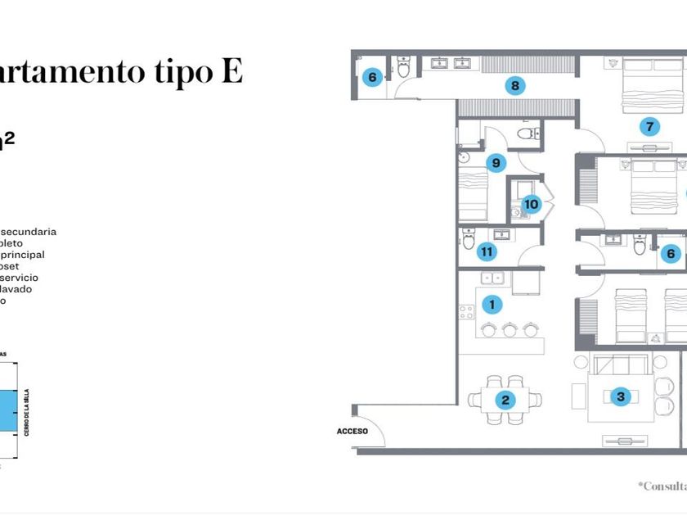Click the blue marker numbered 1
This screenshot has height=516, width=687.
[x=492, y=305]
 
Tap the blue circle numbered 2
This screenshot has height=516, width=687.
[x=505, y=400]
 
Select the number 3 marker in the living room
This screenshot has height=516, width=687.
[x=621, y=397]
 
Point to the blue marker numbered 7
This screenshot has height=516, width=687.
[x=649, y=126]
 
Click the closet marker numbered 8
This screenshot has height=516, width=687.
[x=514, y=84]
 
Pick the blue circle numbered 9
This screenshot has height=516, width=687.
[x=496, y=163]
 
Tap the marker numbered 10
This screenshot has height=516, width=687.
[x=532, y=204]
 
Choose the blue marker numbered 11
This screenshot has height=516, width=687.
[x=487, y=251]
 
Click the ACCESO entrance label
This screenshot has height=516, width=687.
[x=351, y=431]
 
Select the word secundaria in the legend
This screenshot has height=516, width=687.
[x=29, y=232]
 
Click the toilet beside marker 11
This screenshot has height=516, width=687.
[x=469, y=239]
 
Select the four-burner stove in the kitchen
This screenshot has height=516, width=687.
[x=466, y=312]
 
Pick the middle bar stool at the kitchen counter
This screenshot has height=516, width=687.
[x=510, y=329]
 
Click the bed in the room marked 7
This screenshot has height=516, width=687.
[x=651, y=87]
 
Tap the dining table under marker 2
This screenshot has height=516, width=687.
[x=505, y=400]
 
